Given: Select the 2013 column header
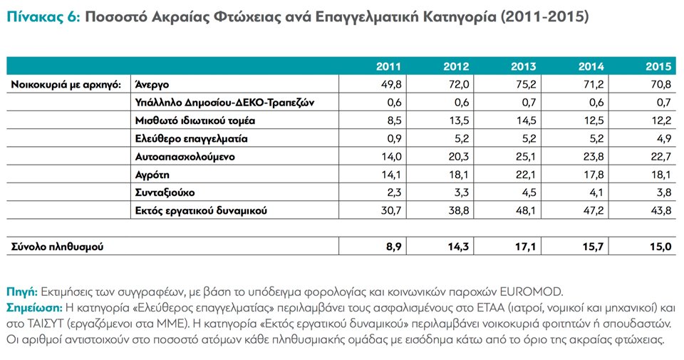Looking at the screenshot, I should click(524, 67).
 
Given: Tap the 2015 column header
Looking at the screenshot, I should click(659, 67).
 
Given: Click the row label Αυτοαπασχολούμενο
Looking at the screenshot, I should click(185, 156).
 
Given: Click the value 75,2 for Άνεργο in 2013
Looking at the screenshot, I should click(526, 84).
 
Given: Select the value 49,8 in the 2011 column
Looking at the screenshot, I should click(391, 84).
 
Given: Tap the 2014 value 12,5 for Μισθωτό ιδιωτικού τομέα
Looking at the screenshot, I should click(593, 120).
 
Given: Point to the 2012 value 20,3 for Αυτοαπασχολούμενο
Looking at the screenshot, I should click(458, 156).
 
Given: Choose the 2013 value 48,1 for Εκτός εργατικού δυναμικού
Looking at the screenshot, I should click(526, 211).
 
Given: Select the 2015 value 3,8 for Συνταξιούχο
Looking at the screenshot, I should click(663, 192).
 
